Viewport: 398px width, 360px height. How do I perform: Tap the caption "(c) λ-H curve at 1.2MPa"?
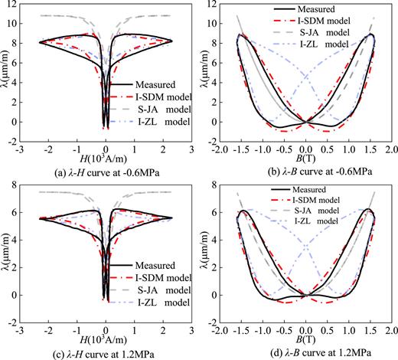tap(96, 351)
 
